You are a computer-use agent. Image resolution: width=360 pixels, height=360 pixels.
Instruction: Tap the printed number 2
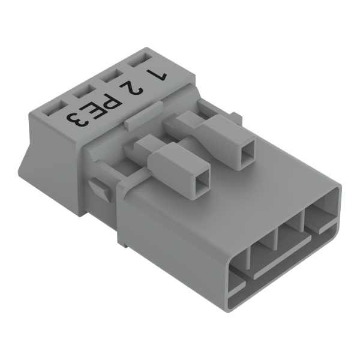131,88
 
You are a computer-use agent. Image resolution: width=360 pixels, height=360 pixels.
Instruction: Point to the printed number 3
77,120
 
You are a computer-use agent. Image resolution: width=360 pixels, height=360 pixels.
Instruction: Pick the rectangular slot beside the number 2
112,76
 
